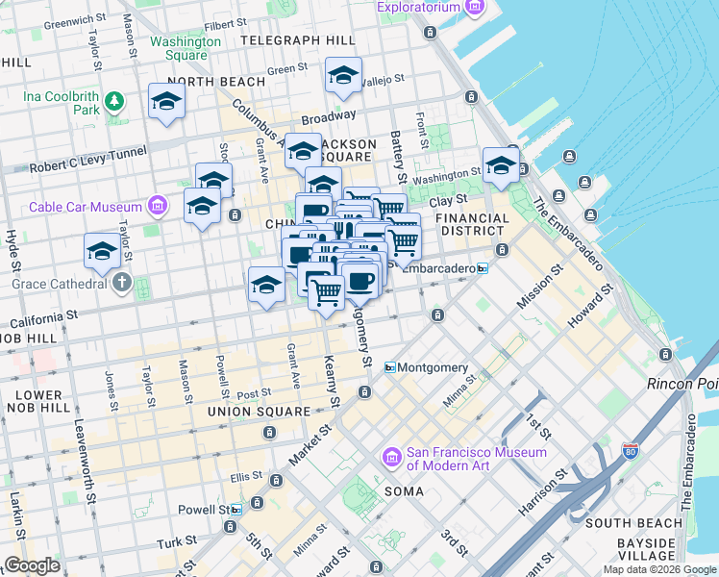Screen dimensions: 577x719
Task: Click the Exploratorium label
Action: point(417,8)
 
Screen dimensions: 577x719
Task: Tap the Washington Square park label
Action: point(186,48)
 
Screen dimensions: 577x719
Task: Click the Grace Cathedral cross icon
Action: point(120,284)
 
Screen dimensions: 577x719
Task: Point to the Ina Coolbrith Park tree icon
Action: point(114,100)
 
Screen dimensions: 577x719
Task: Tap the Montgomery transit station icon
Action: point(391,368)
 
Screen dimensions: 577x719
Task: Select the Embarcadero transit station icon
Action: point(483,268)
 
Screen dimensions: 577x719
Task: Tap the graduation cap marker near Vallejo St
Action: point(343,77)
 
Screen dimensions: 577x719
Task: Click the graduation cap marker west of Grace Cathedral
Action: point(102,252)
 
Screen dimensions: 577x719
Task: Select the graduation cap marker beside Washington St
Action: point(501,165)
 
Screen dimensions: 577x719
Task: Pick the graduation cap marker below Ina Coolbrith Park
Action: point(167,102)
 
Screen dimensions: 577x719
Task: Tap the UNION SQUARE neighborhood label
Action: point(258,412)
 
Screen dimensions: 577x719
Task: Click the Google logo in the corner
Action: point(31,564)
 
